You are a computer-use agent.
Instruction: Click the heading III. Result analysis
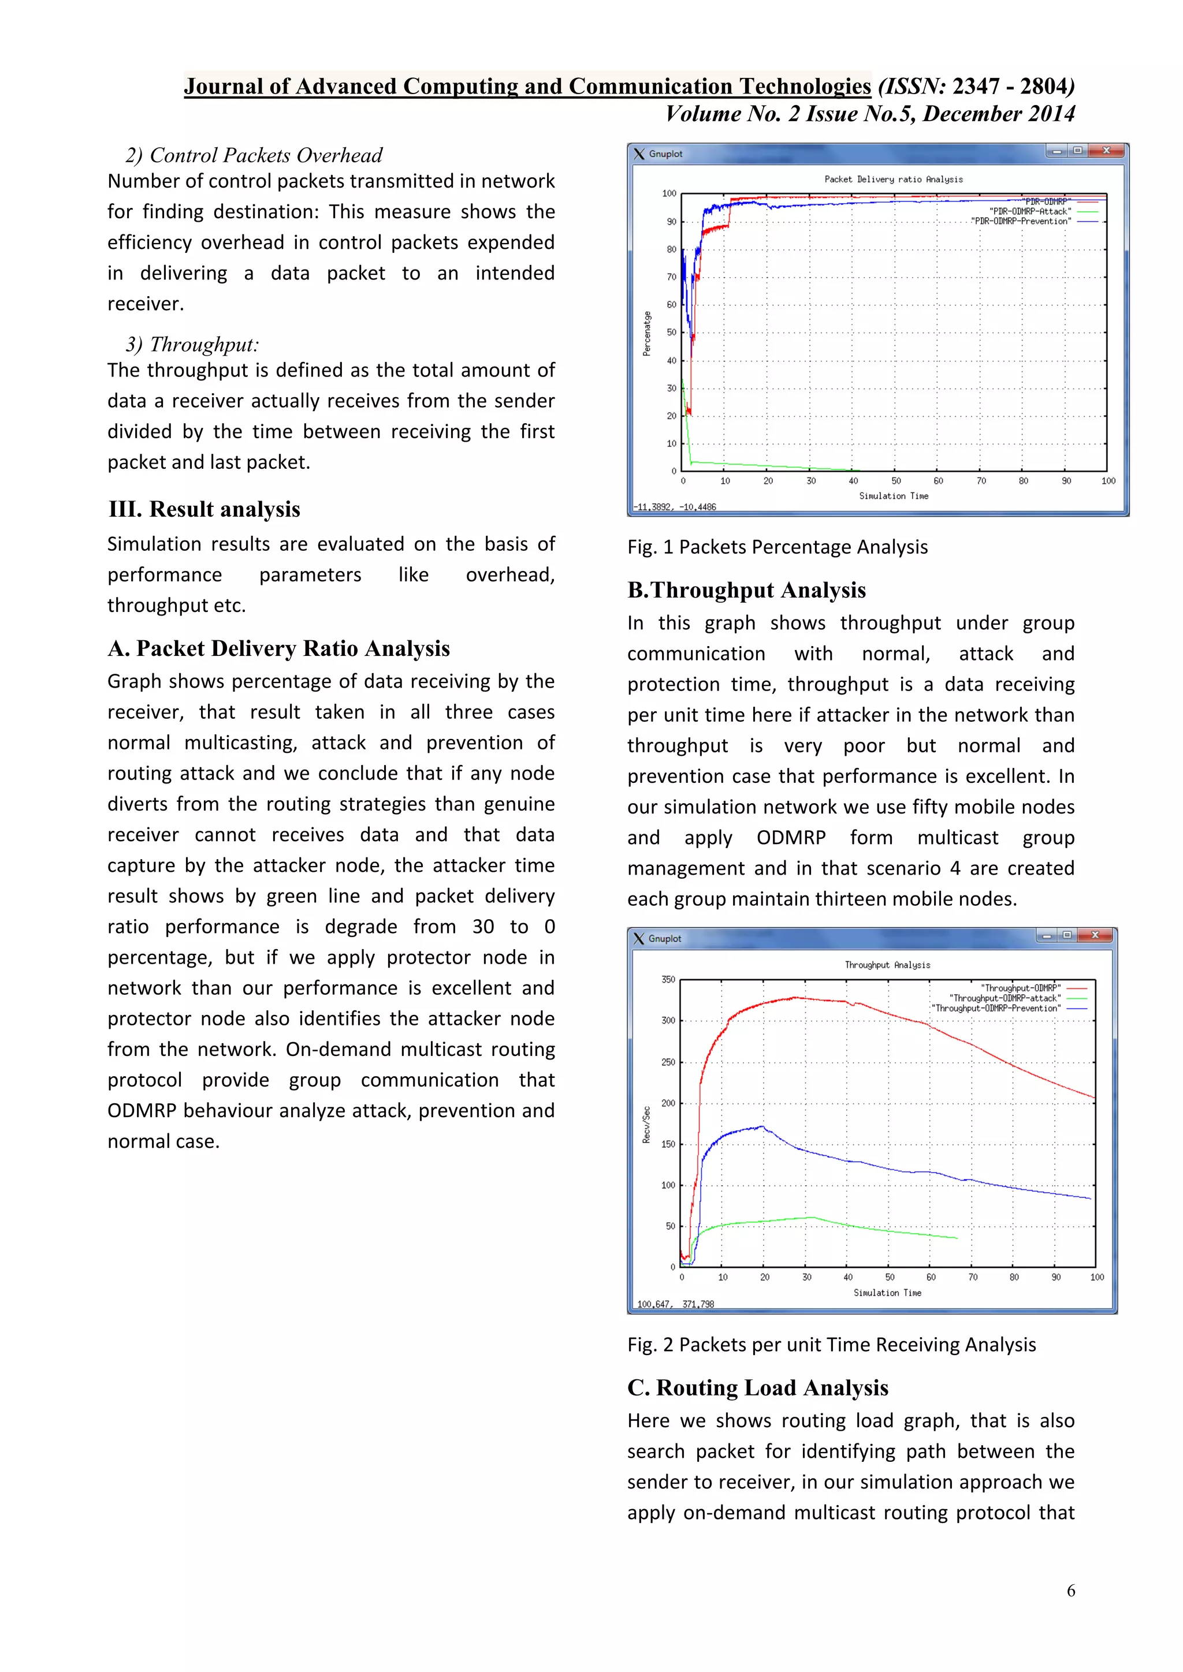[x=204, y=509]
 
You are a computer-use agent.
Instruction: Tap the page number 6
[x=1071, y=1591]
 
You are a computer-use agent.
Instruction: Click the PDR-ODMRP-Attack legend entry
[x=1030, y=211]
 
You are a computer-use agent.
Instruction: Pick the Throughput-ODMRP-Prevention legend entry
[x=997, y=1008]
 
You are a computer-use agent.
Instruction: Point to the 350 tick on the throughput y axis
[x=668, y=979]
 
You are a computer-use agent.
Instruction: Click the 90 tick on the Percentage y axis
[x=671, y=221]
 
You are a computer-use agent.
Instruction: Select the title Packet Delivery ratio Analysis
[x=893, y=179]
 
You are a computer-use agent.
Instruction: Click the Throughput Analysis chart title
[x=887, y=965]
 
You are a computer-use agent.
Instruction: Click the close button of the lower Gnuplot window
[x=1095, y=935]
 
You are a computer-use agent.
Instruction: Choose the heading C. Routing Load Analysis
[x=758, y=1387]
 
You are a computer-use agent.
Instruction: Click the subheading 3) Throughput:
[x=192, y=345]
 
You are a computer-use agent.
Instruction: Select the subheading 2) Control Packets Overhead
[x=254, y=155]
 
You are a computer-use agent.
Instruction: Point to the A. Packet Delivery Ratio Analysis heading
[x=278, y=648]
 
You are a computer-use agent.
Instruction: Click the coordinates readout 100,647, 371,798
[x=675, y=1304]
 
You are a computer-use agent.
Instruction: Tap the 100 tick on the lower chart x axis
[x=1096, y=1277]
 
